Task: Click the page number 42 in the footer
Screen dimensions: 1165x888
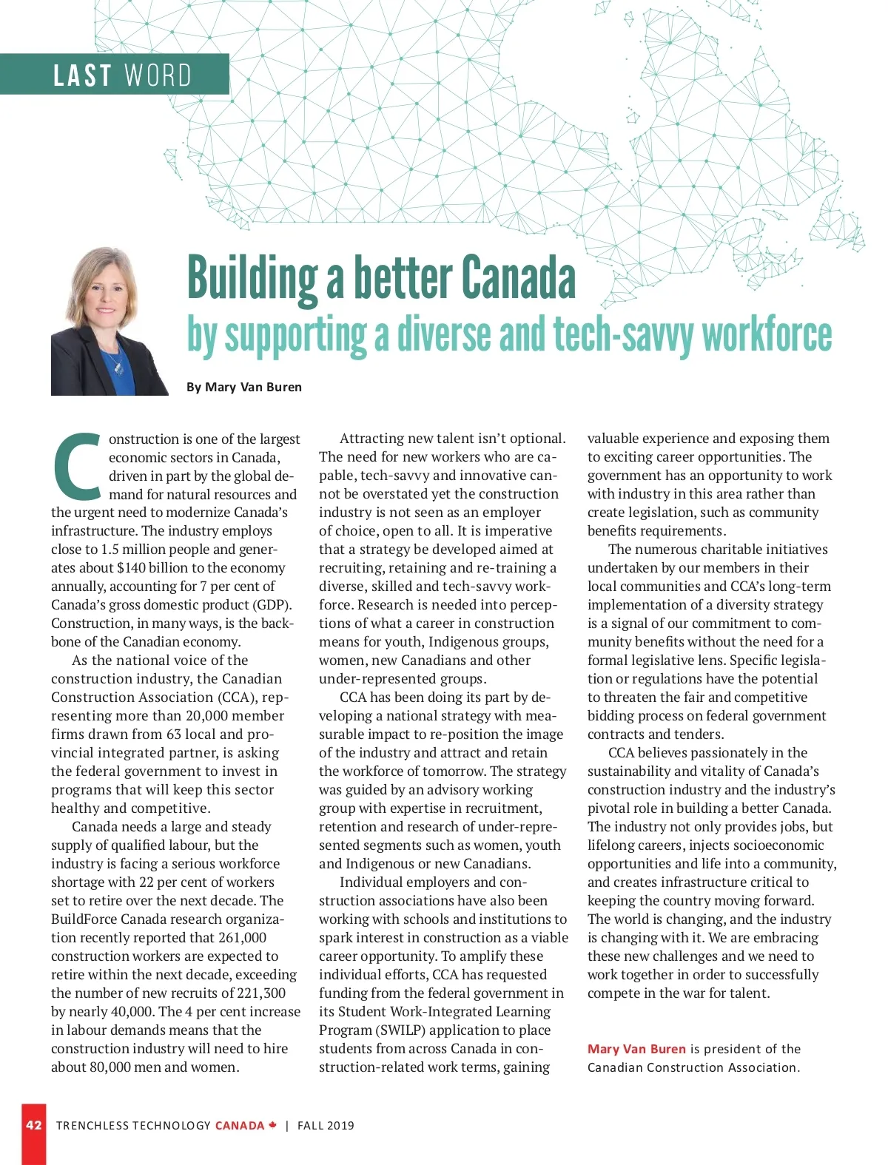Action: pyautogui.click(x=34, y=1125)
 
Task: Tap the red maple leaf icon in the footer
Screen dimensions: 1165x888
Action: pyautogui.click(x=273, y=1125)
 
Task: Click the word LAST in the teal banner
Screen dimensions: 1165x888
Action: pyautogui.click(x=82, y=75)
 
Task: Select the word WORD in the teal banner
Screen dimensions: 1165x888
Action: pyautogui.click(x=158, y=75)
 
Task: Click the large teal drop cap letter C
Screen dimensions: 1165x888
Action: pyautogui.click(x=77, y=467)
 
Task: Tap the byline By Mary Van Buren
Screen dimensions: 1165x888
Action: pyautogui.click(x=244, y=387)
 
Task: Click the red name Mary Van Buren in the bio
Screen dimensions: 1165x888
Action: pyautogui.click(x=636, y=1049)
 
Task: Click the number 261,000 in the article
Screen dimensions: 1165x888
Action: pyautogui.click(x=241, y=938)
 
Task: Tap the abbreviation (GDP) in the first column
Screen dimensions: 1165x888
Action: pyautogui.click(x=273, y=605)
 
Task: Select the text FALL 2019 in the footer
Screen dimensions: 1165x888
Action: pyautogui.click(x=326, y=1126)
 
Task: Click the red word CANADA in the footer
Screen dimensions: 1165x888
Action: pyautogui.click(x=240, y=1126)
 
